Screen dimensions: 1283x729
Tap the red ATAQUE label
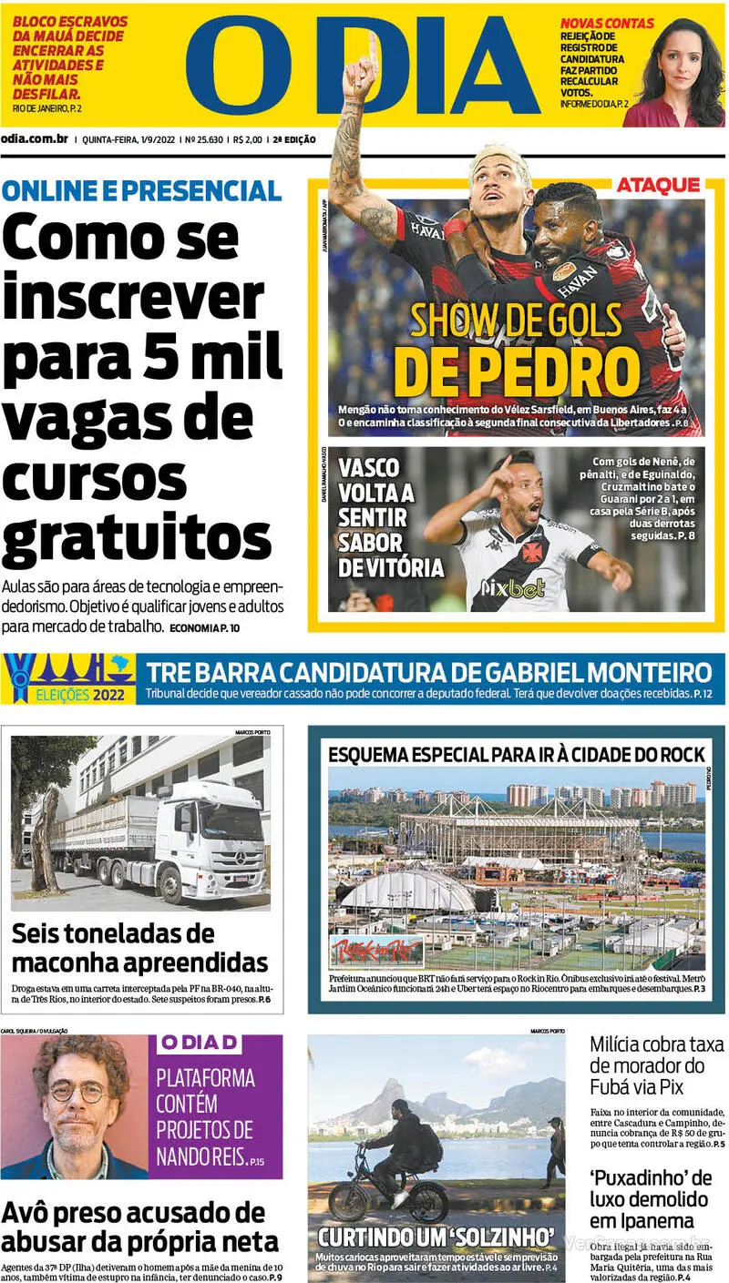click(x=658, y=186)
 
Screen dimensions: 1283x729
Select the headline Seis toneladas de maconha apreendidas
click(x=139, y=948)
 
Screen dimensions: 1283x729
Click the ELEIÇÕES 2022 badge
click(x=68, y=679)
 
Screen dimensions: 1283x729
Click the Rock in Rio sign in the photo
click(x=375, y=951)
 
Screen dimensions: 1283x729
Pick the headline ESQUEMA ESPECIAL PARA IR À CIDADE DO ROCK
click(x=516, y=754)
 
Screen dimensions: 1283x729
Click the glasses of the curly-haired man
click(x=78, y=1091)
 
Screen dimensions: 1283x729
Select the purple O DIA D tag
click(x=200, y=1044)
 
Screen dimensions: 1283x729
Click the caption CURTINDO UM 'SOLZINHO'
click(x=436, y=1237)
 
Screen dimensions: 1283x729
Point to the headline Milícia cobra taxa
click(x=656, y=1045)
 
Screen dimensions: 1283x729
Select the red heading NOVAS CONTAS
click(x=606, y=23)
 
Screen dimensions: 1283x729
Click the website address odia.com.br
click(x=35, y=139)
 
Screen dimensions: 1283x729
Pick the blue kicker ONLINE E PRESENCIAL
click(x=141, y=190)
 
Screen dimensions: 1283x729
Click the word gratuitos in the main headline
click(x=137, y=539)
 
